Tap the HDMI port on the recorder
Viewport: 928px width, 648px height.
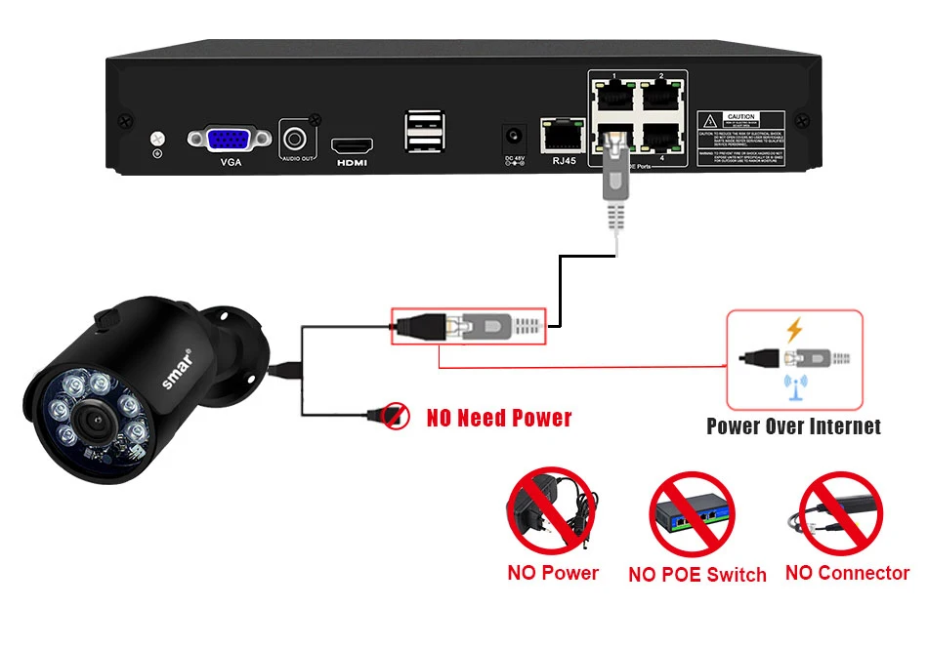[x=351, y=144]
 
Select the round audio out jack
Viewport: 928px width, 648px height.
[x=297, y=137]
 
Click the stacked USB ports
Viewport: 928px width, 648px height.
[x=424, y=131]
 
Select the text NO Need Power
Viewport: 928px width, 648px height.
[x=499, y=419]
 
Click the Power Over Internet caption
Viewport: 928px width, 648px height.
[x=793, y=426]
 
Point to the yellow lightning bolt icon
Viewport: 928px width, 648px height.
[x=793, y=330]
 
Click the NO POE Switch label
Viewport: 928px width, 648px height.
[x=697, y=575]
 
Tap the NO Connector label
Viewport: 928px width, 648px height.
[x=847, y=573]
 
